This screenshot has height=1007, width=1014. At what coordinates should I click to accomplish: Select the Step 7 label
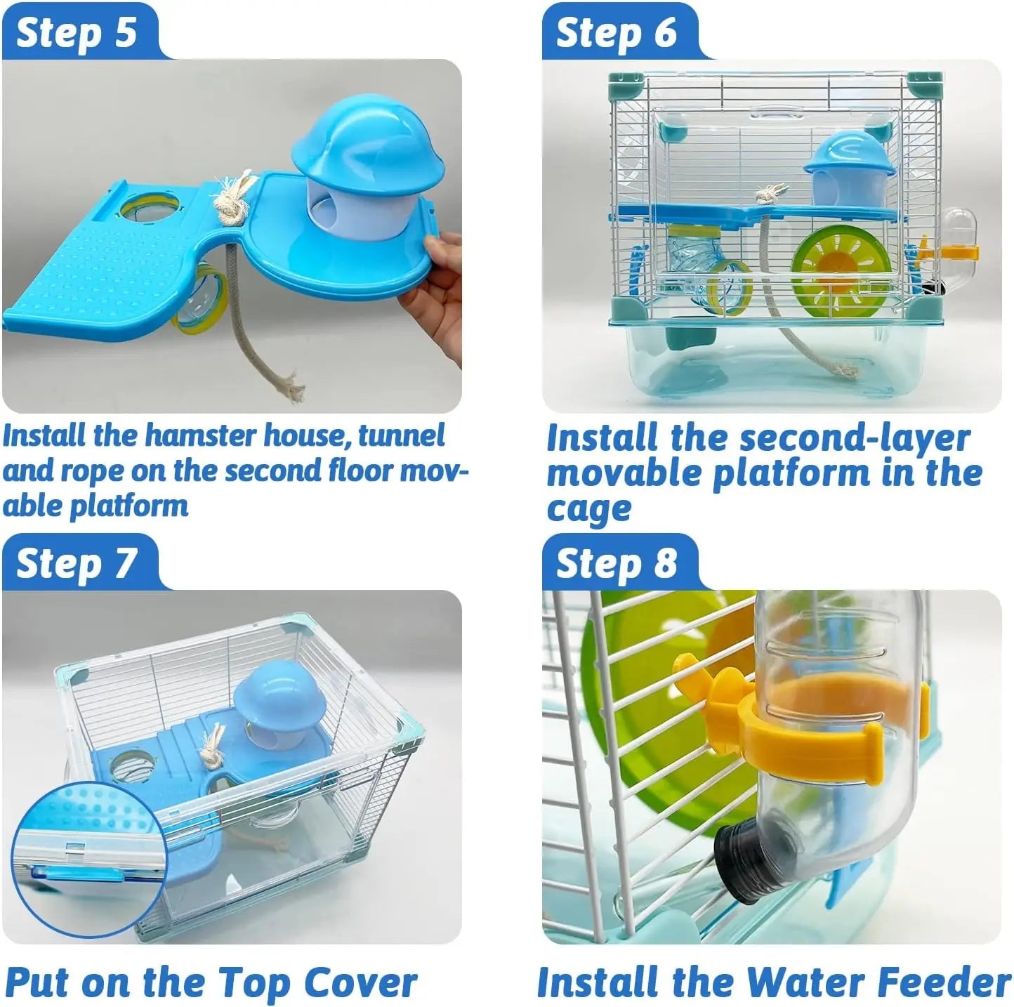pyautogui.click(x=76, y=563)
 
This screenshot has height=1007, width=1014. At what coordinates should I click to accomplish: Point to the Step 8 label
pyautogui.click(x=616, y=563)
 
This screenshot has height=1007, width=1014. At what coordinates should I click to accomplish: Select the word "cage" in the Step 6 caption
pyautogui.click(x=588, y=510)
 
